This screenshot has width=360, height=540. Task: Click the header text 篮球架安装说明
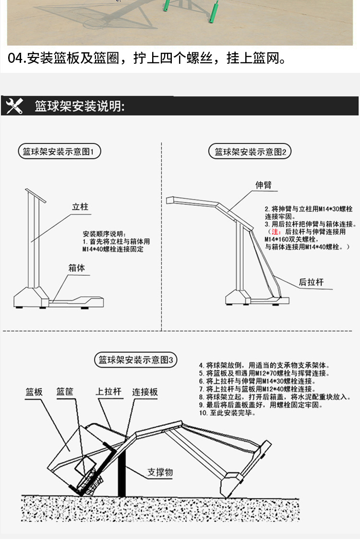[80, 106]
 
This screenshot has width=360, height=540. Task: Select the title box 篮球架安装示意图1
[59, 153]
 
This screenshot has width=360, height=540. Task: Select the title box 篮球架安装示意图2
[250, 153]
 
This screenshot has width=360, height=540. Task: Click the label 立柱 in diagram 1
[80, 207]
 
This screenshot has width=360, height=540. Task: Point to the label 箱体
[76, 268]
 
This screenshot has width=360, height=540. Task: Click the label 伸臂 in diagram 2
[264, 185]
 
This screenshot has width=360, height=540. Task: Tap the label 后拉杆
[311, 282]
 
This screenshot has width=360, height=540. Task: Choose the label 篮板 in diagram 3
[34, 392]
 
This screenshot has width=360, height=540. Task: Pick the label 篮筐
[65, 392]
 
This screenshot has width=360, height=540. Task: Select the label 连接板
[145, 392]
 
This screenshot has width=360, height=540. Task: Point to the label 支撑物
[159, 472]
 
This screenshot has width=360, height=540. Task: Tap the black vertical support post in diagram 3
[122, 475]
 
